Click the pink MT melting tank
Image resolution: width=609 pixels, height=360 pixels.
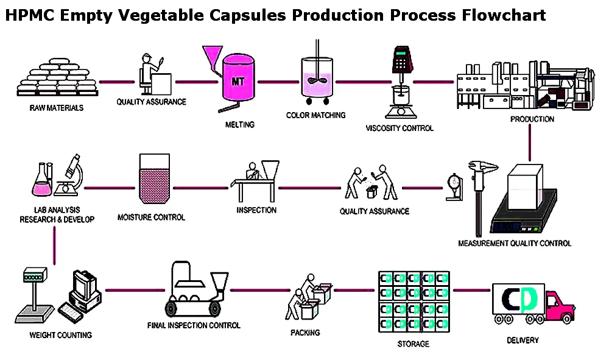pos(238,82)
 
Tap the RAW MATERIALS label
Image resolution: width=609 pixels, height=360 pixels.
pos(56,108)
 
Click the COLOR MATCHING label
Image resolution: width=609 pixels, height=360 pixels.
pos(315,115)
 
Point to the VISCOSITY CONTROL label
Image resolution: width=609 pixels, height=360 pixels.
pos(400,128)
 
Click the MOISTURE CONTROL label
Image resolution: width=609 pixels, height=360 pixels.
pos(151,217)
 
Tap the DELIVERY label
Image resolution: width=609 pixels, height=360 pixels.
pos(523,340)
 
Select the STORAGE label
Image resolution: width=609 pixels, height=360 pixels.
pos(413,344)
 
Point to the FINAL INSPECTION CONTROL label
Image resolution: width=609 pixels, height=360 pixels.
pos(194,325)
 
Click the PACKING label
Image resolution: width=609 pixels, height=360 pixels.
pos(305,333)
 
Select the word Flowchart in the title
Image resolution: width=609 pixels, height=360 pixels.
pos(502,15)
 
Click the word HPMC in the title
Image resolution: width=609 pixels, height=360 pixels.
pos(29,15)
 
